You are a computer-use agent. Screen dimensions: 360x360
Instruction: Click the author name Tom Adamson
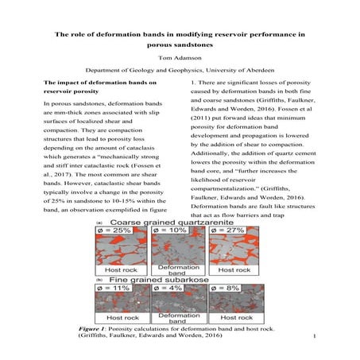click(x=180, y=59)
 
